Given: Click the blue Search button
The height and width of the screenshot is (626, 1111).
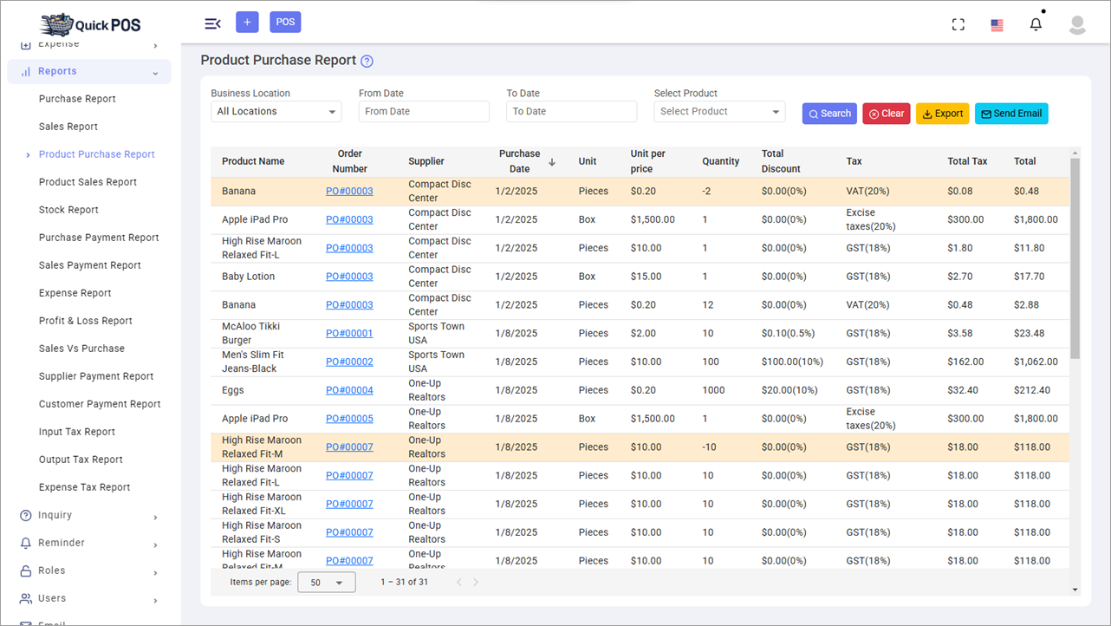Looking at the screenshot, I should point(829,114).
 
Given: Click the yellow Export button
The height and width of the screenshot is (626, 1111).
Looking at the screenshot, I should point(942,114).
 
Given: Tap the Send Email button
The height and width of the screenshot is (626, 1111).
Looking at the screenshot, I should point(1010,114).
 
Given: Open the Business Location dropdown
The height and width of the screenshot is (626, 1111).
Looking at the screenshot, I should point(276,112).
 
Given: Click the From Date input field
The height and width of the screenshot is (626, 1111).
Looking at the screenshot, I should point(424,112).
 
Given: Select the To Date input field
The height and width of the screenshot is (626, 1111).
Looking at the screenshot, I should point(571,112).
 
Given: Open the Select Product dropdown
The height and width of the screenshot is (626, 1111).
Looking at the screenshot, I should point(719,112).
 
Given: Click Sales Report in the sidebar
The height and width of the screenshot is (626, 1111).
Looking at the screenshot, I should point(68,127).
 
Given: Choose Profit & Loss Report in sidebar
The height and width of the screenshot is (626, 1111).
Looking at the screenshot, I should point(86,321).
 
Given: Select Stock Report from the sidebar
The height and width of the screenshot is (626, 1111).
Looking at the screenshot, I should point(68,210).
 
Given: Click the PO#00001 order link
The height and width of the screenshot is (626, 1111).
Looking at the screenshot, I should point(349,334).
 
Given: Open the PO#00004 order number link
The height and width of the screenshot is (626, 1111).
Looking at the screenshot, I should point(349,390).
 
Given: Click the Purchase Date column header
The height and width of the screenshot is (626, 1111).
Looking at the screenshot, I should point(519,161).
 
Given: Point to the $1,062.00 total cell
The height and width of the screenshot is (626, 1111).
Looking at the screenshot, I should point(1036,362).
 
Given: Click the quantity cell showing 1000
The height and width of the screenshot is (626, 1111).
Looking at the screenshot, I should point(713,390).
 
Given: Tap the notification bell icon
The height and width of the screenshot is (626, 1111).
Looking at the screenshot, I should point(1036,24).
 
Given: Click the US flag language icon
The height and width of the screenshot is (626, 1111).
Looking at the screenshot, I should point(997,25).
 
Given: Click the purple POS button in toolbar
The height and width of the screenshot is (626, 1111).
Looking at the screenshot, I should point(285,23).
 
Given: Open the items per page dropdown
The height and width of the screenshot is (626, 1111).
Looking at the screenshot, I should point(326,583).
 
